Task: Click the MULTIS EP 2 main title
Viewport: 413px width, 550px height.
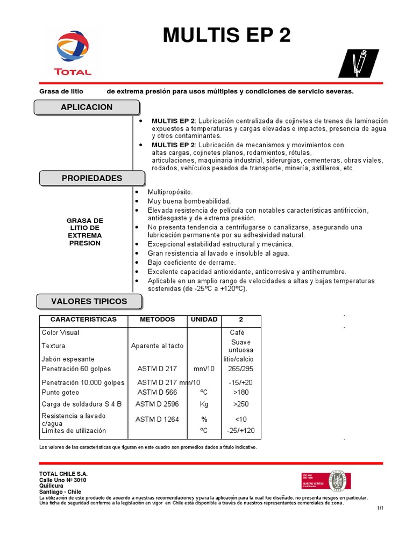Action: [x=226, y=35]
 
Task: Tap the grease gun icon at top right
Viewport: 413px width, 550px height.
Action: [x=358, y=63]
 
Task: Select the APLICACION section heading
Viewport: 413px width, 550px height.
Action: [x=87, y=107]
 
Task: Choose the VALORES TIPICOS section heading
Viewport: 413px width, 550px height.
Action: [x=89, y=301]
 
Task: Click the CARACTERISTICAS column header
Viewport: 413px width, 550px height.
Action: [x=83, y=320]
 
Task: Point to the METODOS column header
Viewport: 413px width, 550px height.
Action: [x=157, y=320]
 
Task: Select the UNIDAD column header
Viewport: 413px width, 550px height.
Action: [x=204, y=320]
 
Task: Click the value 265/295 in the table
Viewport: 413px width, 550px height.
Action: [x=241, y=369]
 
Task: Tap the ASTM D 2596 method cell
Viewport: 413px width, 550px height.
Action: [x=157, y=404]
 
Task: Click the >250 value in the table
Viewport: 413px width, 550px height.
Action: [x=241, y=404]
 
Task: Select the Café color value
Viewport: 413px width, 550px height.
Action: [x=237, y=332]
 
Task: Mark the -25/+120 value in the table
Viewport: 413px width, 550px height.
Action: [x=241, y=431]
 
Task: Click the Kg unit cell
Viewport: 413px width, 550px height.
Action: [x=204, y=404]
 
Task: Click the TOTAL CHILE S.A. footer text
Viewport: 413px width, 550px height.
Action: [x=63, y=474]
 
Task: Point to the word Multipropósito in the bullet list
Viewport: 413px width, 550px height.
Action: [x=170, y=192]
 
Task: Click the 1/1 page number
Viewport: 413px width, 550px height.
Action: [x=380, y=508]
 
